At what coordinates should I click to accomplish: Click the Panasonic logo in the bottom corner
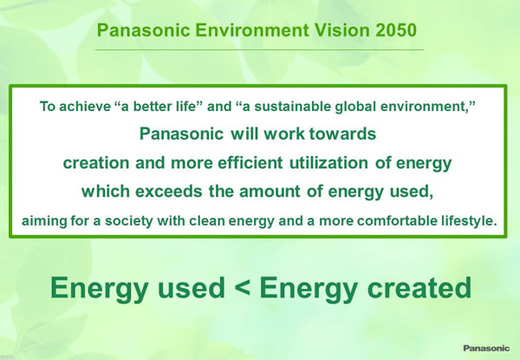486,348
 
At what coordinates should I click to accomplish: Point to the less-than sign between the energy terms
244,288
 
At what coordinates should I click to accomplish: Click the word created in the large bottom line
419,288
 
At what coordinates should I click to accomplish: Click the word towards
342,134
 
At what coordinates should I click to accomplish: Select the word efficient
250,162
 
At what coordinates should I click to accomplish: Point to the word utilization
328,162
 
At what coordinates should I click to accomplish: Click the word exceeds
168,192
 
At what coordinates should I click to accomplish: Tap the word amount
270,192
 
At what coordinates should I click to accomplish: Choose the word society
128,220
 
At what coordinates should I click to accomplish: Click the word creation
96,162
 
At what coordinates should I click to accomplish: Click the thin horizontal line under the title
259,49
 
